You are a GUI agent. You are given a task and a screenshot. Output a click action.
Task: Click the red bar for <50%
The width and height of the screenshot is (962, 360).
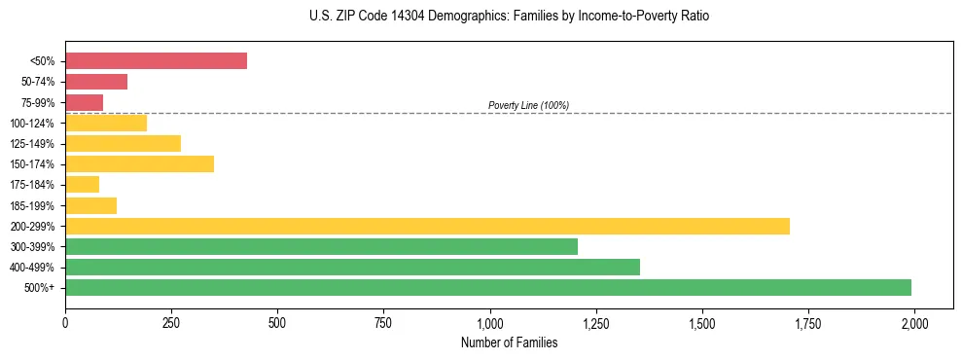click(x=156, y=60)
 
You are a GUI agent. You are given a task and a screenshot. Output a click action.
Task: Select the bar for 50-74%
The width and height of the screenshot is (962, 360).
click(x=96, y=82)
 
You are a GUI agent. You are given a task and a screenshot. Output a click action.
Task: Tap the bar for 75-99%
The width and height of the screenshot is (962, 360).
click(x=84, y=102)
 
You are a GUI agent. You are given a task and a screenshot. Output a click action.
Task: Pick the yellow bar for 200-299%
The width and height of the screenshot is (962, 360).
click(x=427, y=226)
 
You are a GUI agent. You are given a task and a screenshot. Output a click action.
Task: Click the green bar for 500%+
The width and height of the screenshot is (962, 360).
click(x=488, y=287)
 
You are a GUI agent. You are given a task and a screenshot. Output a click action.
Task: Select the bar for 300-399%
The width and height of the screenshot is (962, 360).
click(x=321, y=246)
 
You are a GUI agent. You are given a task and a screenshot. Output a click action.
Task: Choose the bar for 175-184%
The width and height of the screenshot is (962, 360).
click(x=82, y=184)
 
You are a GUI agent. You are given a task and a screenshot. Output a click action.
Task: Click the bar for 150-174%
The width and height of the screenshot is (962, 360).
click(x=139, y=163)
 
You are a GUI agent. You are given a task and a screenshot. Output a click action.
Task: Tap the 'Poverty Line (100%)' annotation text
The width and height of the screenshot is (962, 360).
click(x=528, y=105)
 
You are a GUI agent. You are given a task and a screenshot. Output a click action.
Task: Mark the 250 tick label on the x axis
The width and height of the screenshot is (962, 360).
click(x=171, y=321)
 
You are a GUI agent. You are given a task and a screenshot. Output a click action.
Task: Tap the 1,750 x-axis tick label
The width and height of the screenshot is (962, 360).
click(x=808, y=321)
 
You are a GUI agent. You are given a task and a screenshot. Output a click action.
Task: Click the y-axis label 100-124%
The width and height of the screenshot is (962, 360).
click(x=32, y=124)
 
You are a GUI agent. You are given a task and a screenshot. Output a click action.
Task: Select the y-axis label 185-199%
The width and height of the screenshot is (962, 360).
click(x=32, y=205)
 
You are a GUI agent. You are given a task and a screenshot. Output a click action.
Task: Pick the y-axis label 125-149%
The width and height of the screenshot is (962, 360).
click(x=32, y=144)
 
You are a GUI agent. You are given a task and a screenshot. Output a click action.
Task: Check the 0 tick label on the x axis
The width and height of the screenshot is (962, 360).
click(x=65, y=321)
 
